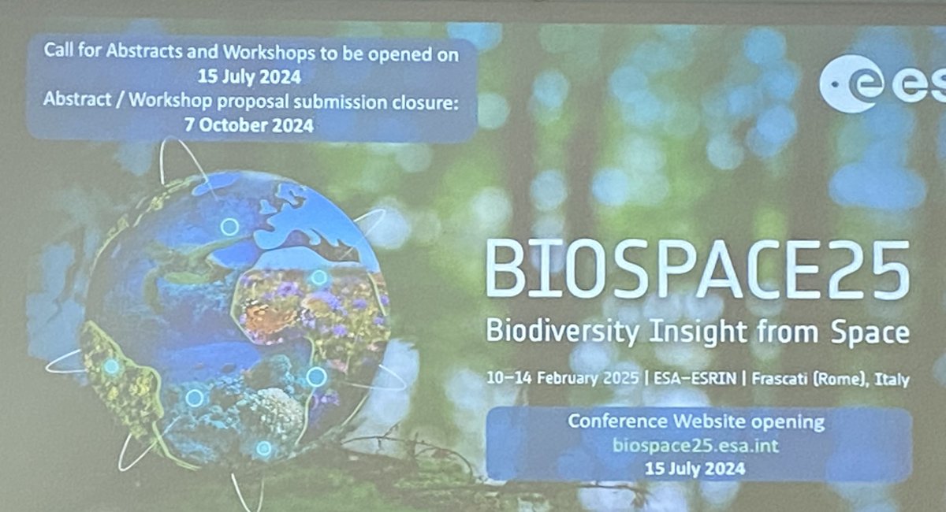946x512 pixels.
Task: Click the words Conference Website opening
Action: [x=696, y=421]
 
